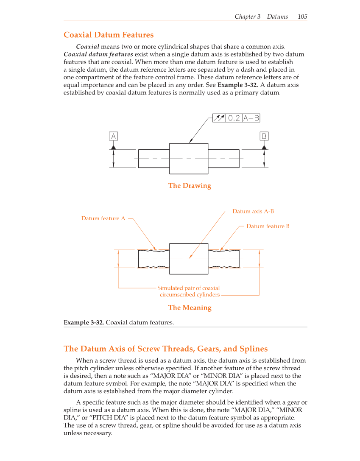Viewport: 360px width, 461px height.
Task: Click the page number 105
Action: coord(302,17)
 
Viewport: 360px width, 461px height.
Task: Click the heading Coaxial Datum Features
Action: coord(109,35)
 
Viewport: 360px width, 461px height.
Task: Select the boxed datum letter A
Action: coord(113,136)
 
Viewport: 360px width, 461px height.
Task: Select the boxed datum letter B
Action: coord(264,136)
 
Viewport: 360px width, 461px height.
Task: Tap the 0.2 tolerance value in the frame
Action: coord(234,118)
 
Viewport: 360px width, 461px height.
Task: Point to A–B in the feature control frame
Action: coord(251,118)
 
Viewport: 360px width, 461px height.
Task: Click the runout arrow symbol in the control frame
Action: coord(219,118)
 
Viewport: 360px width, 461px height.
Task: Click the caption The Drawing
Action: coord(190,185)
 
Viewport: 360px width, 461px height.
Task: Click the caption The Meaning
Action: coord(190,307)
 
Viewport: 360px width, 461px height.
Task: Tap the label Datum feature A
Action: coord(103,218)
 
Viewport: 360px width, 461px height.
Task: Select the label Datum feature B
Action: coord(268,226)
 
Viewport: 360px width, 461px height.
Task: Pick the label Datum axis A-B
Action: coord(253,211)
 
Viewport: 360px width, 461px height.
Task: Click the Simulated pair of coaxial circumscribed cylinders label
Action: coord(189,291)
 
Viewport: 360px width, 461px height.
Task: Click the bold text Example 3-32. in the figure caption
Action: coord(84,322)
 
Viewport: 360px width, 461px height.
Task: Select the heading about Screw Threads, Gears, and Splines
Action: coord(165,349)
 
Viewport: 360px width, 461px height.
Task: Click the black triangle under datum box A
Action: coord(113,147)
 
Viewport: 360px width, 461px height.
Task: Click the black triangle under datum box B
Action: coord(264,147)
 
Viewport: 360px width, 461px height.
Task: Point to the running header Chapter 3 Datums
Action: coord(261,17)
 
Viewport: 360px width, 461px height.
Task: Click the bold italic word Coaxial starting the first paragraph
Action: coord(88,46)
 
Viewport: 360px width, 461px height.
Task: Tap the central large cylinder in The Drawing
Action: coord(189,158)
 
